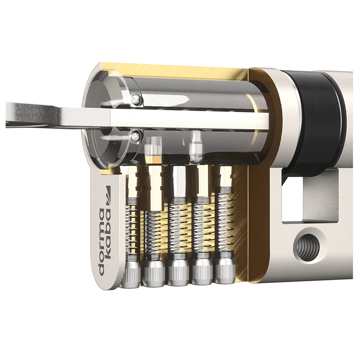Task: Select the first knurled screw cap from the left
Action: (x=130, y=274)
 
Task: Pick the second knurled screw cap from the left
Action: (x=153, y=273)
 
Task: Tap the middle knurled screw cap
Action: (x=178, y=272)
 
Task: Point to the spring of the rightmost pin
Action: (x=224, y=220)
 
